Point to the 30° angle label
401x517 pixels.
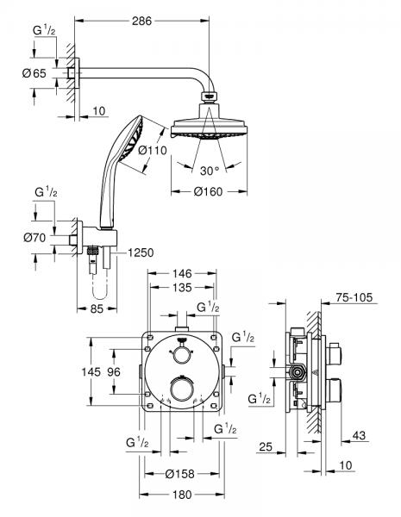(x=210, y=170)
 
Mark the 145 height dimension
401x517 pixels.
(x=101, y=371)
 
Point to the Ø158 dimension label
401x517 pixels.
(x=180, y=473)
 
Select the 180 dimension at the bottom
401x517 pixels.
(x=181, y=495)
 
